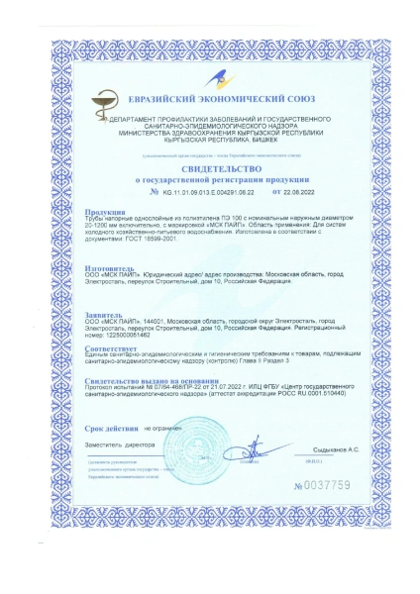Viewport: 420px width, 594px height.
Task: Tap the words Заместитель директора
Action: (x=116, y=446)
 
